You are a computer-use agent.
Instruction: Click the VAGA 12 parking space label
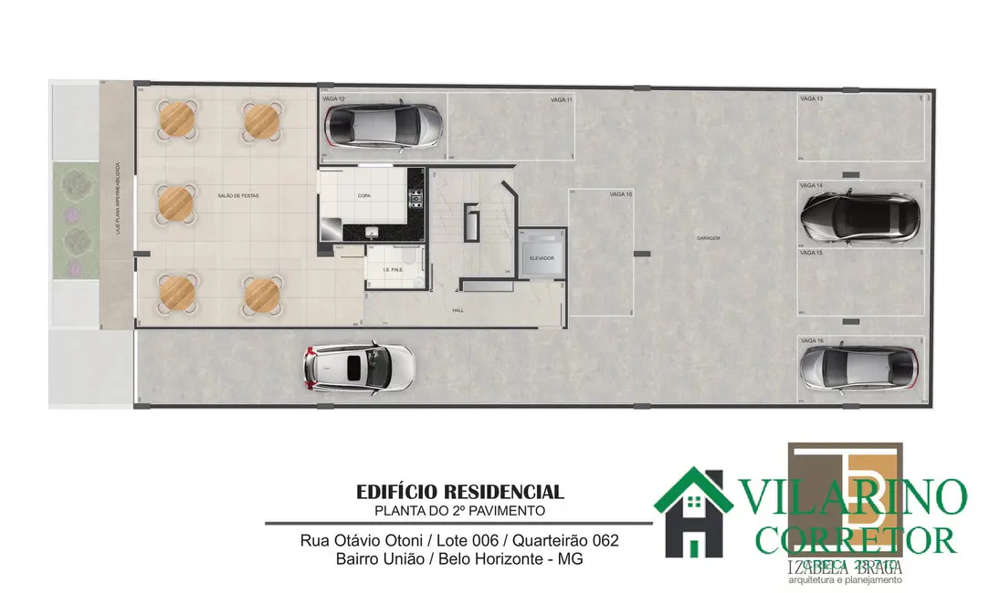(333, 98)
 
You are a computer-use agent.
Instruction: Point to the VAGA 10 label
(621, 194)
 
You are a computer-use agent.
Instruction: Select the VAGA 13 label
(811, 98)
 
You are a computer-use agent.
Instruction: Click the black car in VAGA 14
(859, 216)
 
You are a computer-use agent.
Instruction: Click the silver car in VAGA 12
(385, 121)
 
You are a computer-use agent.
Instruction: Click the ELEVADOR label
(542, 258)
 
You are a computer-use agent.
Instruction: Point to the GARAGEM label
(708, 238)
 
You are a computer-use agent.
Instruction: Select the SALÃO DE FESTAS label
(236, 196)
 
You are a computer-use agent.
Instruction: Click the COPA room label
(363, 196)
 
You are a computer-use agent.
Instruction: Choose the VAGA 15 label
(811, 253)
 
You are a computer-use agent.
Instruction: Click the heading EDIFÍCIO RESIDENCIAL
(460, 493)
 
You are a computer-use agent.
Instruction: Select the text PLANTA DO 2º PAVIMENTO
(460, 511)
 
